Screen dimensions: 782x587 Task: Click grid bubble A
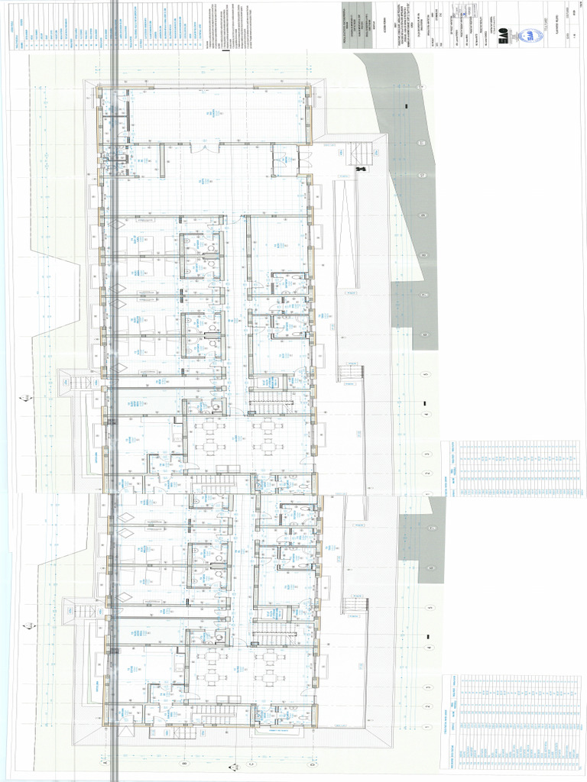tap(104, 761)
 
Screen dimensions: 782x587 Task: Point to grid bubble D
tap(313, 761)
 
